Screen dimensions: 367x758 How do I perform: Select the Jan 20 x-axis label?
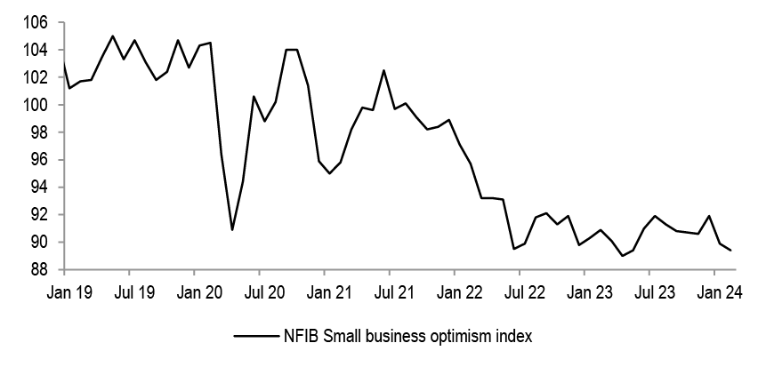pos(194,291)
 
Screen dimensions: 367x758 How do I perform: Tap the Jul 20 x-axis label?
pos(259,291)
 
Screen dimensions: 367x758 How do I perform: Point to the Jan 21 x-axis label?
pos(324,291)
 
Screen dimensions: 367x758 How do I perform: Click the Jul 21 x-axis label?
pos(389,291)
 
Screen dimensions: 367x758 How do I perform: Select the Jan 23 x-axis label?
pos(584,291)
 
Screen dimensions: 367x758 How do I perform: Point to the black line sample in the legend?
pos(253,336)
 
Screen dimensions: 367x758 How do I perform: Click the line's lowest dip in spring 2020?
pos(232,230)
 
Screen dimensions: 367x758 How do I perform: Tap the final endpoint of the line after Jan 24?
pos(731,251)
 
